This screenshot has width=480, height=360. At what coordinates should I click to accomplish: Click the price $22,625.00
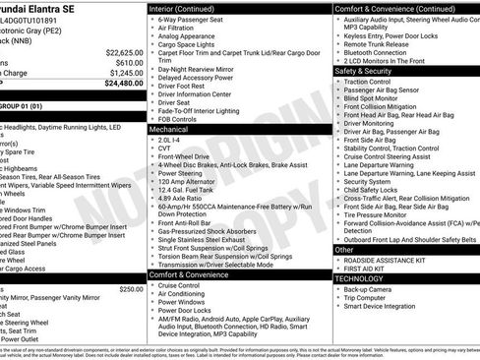(x=125, y=51)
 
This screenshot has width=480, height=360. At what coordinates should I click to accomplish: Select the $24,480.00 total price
(x=125, y=84)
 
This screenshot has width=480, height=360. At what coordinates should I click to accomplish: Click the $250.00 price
(x=131, y=289)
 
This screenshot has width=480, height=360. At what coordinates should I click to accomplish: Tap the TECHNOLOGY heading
(x=359, y=278)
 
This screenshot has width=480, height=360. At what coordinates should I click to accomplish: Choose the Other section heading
(x=344, y=249)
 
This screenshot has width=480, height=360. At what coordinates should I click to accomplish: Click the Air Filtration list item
(x=184, y=29)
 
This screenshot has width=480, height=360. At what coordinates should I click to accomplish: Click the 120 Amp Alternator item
(x=188, y=182)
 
